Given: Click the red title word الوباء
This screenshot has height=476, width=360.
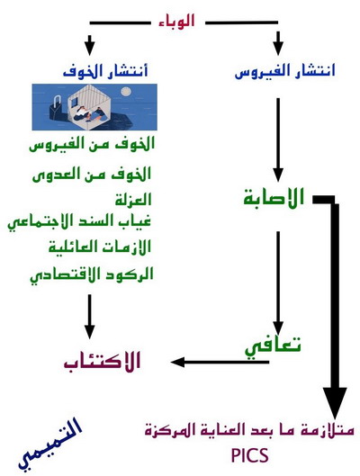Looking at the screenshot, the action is (x=176, y=22).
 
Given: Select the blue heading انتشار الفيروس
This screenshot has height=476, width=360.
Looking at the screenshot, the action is (x=285, y=71).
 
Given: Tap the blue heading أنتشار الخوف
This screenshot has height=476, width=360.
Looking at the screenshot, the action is (x=105, y=71).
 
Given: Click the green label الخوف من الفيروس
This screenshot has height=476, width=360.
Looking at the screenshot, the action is (x=92, y=144).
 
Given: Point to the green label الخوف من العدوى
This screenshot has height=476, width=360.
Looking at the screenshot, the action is (x=92, y=174).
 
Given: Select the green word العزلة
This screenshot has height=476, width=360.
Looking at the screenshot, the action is (x=133, y=200).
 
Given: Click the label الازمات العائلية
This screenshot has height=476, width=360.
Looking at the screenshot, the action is (x=100, y=247).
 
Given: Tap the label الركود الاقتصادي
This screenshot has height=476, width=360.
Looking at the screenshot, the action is (x=92, y=275).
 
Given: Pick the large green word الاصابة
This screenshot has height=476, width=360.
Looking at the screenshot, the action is (x=274, y=197).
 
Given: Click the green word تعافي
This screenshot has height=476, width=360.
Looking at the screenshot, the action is (x=273, y=347).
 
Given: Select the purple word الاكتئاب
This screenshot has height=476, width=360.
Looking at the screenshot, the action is (x=103, y=361).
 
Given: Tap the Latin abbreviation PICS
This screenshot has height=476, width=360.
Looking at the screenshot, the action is (x=250, y=455).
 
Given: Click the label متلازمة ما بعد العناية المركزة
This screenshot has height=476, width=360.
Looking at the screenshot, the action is (x=249, y=430).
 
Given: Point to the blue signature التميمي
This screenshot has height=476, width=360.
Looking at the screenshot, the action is (x=49, y=445).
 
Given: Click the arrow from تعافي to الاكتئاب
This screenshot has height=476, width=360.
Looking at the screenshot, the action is (x=220, y=362).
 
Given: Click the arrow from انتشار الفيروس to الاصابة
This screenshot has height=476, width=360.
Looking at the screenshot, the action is (x=278, y=139).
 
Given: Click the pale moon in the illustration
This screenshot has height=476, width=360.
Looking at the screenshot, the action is (x=125, y=91).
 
